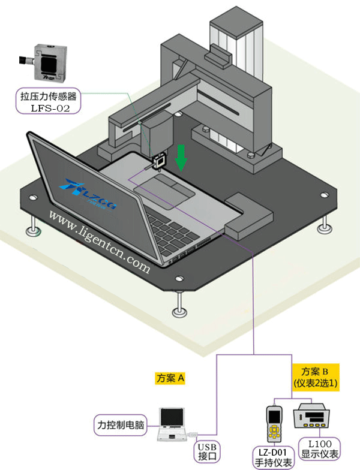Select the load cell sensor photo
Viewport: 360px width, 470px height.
pyautogui.click(x=47, y=63)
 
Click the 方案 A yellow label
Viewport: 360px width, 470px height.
pyautogui.click(x=170, y=378)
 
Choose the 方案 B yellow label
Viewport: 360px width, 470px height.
pyautogui.click(x=316, y=376)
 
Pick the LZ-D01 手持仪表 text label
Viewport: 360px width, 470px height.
pyautogui.click(x=272, y=457)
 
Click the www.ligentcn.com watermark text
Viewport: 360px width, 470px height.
pyautogui.click(x=100, y=240)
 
